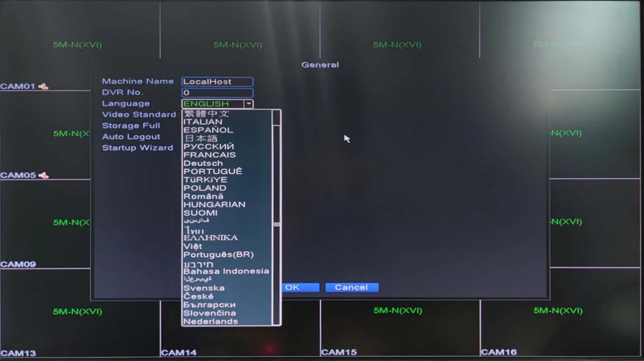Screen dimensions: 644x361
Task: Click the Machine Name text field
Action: click(x=217, y=82)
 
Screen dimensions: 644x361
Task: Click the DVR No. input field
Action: click(x=217, y=93)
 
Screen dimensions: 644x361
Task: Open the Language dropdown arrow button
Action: click(x=248, y=104)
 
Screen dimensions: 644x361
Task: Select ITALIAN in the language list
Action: click(x=203, y=122)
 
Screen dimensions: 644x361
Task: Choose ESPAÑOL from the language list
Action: click(x=208, y=130)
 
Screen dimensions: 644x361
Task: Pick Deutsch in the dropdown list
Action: click(x=203, y=163)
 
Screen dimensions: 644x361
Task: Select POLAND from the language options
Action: click(x=205, y=188)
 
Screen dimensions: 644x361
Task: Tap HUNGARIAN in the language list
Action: click(x=214, y=204)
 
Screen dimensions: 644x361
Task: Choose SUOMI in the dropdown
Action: click(x=200, y=213)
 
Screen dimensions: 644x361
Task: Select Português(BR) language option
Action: click(x=218, y=254)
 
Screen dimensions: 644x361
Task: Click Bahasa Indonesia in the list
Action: click(x=226, y=271)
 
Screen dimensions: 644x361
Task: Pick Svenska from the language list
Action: click(x=204, y=288)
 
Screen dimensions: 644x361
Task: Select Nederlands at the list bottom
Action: click(x=210, y=321)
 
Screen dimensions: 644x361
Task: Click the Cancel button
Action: click(x=351, y=288)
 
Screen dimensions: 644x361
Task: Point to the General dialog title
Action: click(x=320, y=65)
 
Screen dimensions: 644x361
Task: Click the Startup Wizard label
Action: click(x=137, y=148)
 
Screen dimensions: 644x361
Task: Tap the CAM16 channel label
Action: click(x=499, y=352)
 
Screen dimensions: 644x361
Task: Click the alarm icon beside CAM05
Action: click(x=44, y=175)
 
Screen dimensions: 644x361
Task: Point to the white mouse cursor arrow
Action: click(x=346, y=138)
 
